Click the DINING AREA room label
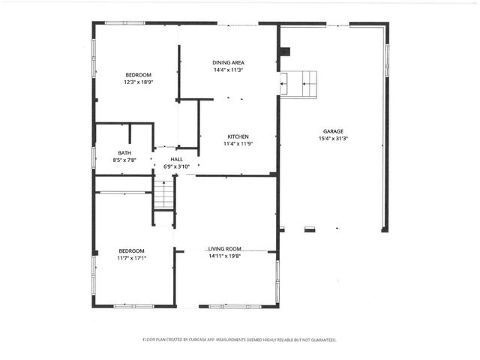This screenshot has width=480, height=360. [x=228, y=63]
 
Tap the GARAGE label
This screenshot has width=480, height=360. [x=334, y=130]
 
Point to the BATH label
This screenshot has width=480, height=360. [x=124, y=153]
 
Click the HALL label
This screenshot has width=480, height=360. [x=176, y=159]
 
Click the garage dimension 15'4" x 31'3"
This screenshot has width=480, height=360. [x=334, y=138]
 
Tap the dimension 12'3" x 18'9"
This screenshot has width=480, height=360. [x=138, y=82]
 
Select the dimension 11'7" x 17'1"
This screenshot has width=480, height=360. [x=131, y=258]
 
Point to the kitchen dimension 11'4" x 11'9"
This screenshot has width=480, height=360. [x=238, y=143]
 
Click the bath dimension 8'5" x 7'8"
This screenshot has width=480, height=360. [x=124, y=160]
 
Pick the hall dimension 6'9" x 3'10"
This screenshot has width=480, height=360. [x=176, y=166]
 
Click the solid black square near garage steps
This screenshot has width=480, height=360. [x=284, y=52]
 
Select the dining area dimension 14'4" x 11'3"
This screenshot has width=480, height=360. [x=228, y=70]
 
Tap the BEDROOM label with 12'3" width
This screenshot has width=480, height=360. [x=138, y=75]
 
